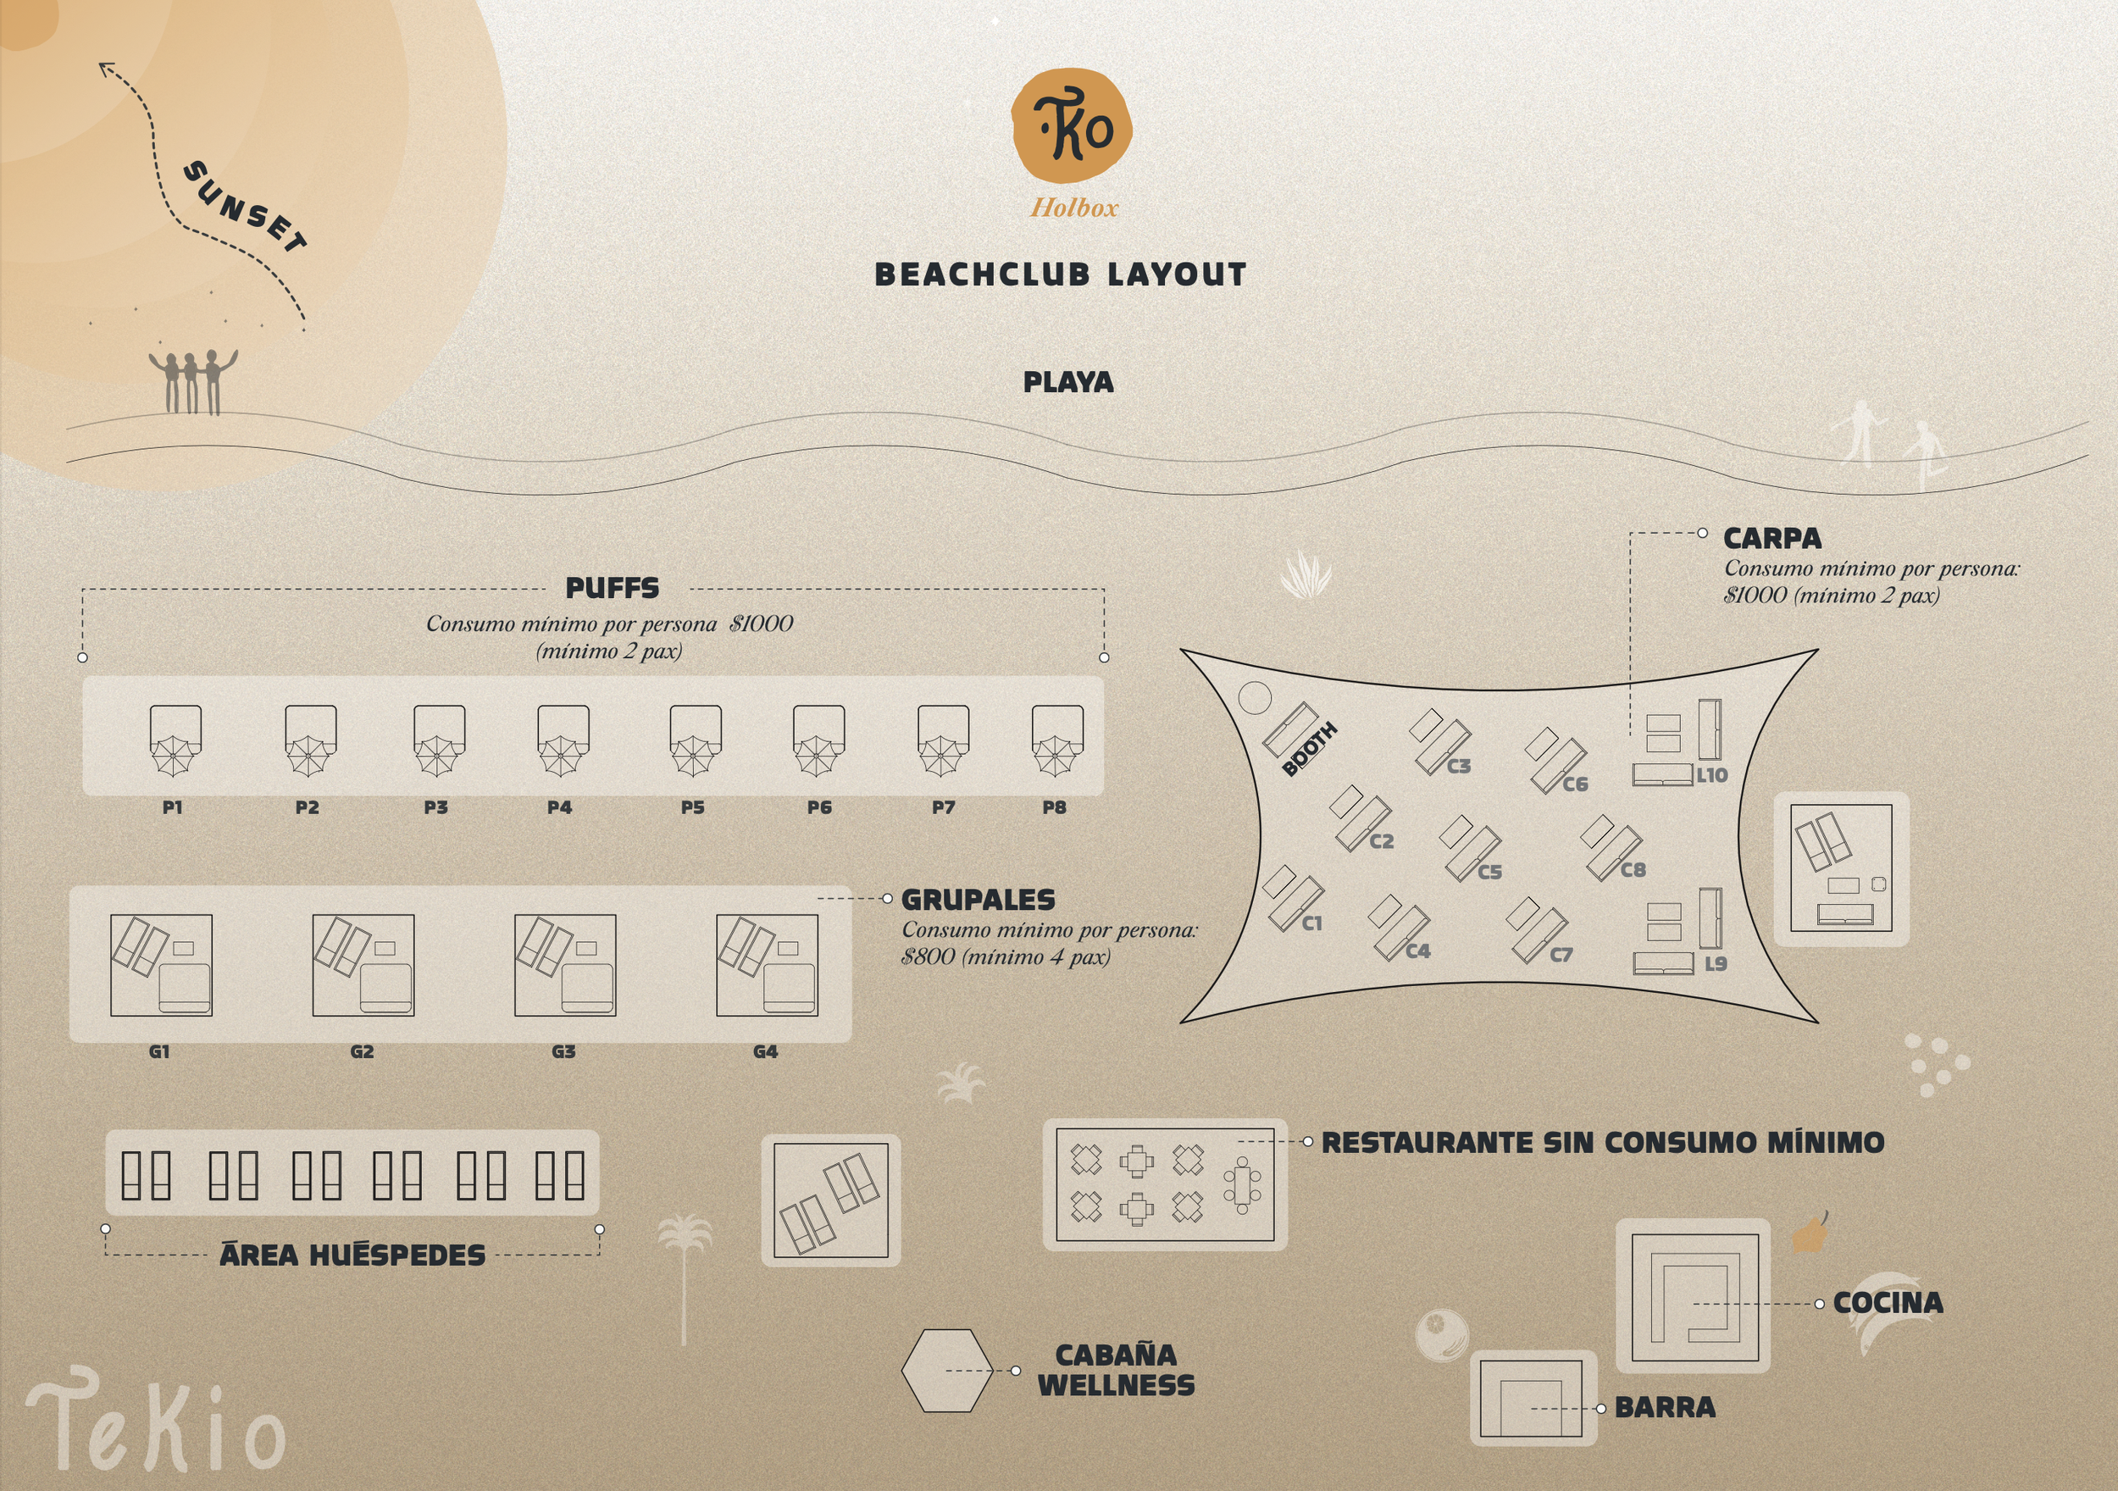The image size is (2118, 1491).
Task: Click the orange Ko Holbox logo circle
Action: pyautogui.click(x=1071, y=126)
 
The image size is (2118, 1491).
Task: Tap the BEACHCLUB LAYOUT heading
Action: pyautogui.click(x=1061, y=274)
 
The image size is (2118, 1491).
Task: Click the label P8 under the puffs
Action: pyautogui.click(x=1055, y=807)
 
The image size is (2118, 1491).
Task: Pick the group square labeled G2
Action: pyautogui.click(x=363, y=965)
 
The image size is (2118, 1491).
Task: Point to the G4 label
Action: pyautogui.click(x=765, y=1052)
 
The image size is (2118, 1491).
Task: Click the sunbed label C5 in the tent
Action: pyautogui.click(x=1489, y=872)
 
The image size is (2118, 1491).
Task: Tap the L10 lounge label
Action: pyautogui.click(x=1712, y=776)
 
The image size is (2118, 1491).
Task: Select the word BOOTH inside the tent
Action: pyautogui.click(x=1310, y=749)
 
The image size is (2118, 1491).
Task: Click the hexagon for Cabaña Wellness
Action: pyautogui.click(x=946, y=1370)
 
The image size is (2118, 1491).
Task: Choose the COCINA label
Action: pyautogui.click(x=1888, y=1303)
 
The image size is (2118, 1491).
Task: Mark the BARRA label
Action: pyautogui.click(x=1665, y=1407)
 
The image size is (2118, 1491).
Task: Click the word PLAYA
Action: pyautogui.click(x=1068, y=382)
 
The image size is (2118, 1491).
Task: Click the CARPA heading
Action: pyautogui.click(x=1772, y=538)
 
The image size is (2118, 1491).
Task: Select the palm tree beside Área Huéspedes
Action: pyautogui.click(x=684, y=1273)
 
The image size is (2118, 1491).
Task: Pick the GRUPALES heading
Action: pyautogui.click(x=978, y=900)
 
